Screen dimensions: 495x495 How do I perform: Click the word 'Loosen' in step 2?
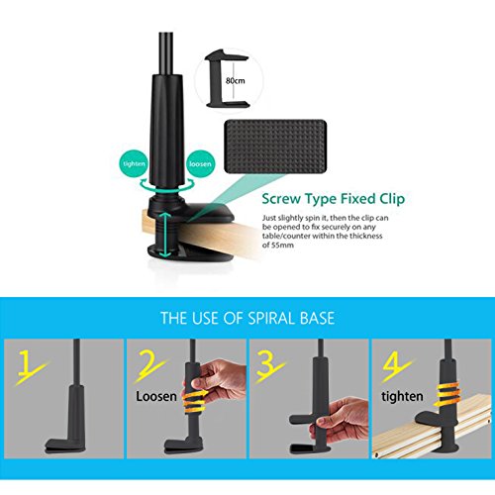tap(159, 397)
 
